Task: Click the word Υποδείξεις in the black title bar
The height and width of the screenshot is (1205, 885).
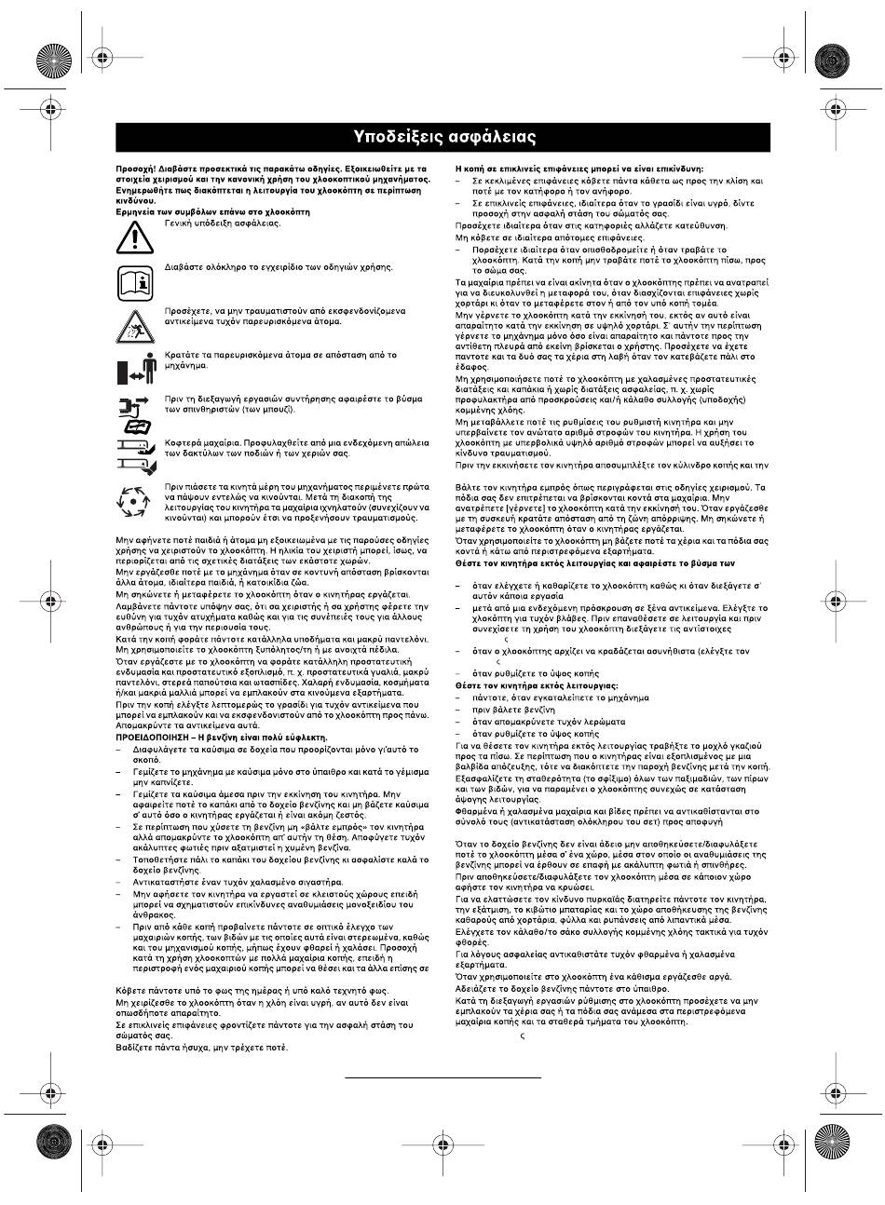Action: pyautogui.click(x=395, y=137)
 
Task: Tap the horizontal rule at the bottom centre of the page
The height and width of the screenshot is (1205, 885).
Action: pyautogui.click(x=442, y=1077)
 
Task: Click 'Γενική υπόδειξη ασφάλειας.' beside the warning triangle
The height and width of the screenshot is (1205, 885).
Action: pyautogui.click(x=223, y=223)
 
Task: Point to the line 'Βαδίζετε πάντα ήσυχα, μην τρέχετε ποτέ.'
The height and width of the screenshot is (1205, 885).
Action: pyautogui.click(x=202, y=1047)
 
